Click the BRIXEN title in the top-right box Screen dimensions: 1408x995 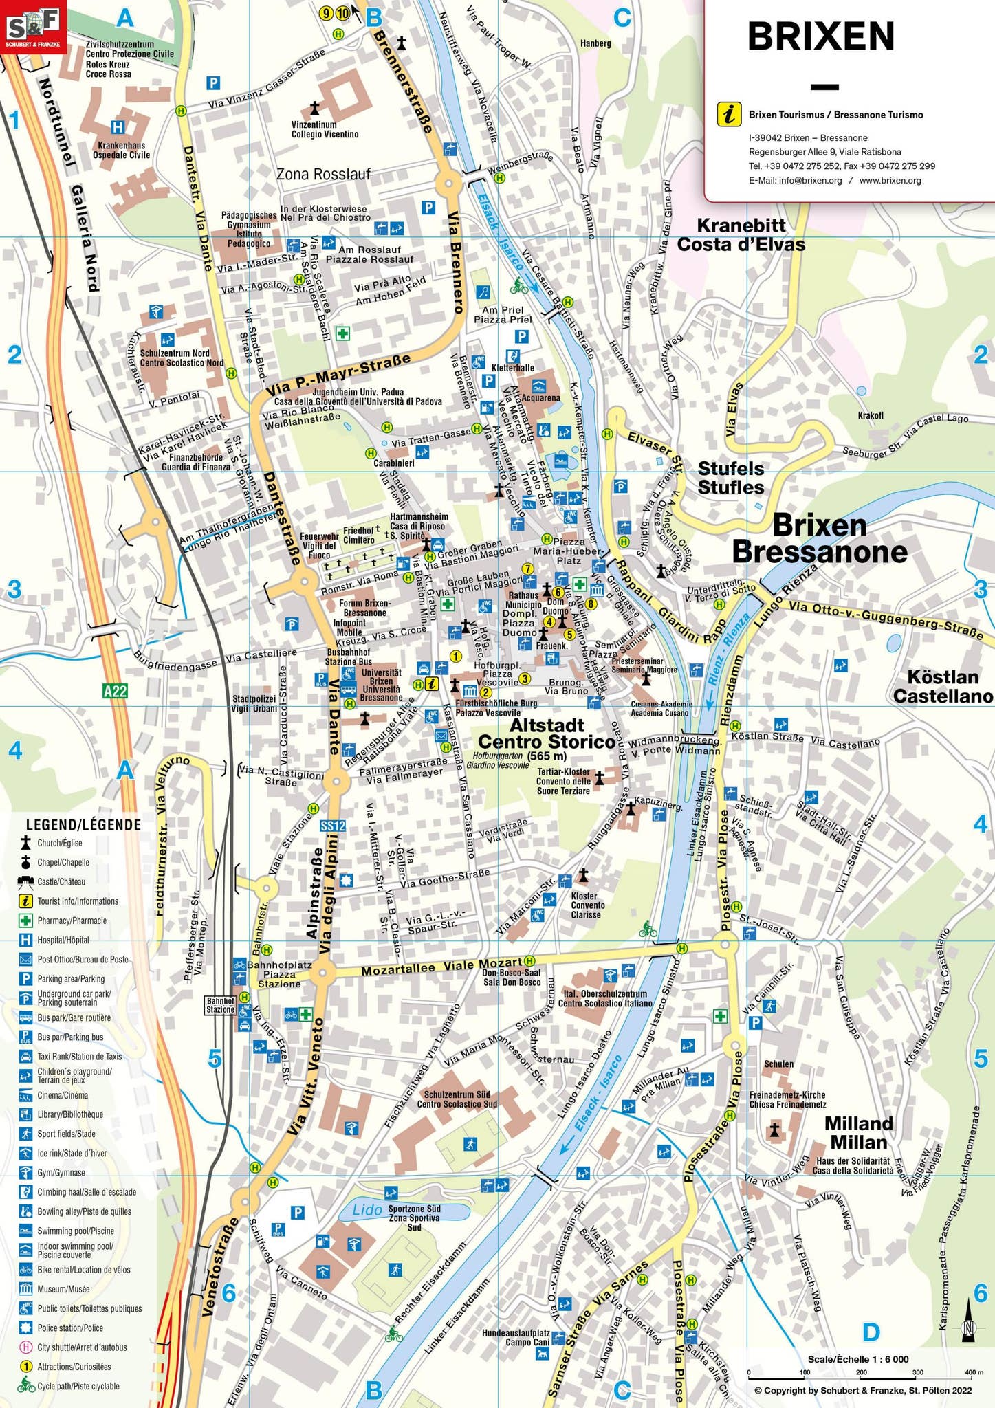pyautogui.click(x=820, y=36)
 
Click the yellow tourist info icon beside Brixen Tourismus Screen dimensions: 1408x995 pyautogui.click(x=729, y=114)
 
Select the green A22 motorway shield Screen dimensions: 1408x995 pyautogui.click(x=115, y=690)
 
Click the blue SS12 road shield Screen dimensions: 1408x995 pyautogui.click(x=333, y=826)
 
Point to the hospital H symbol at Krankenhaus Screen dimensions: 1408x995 pyautogui.click(x=118, y=127)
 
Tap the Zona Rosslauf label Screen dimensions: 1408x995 pyautogui.click(x=323, y=174)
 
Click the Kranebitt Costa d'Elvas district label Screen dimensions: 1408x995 pyautogui.click(x=741, y=235)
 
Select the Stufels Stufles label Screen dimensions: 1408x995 pyautogui.click(x=731, y=478)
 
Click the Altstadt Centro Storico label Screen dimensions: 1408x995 pyautogui.click(x=546, y=734)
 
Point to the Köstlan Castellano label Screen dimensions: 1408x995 pyautogui.click(x=943, y=687)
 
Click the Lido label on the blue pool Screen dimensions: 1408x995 pyautogui.click(x=367, y=1209)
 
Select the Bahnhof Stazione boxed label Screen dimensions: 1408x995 pyautogui.click(x=221, y=1005)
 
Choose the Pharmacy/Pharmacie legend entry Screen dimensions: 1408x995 pyautogui.click(x=72, y=921)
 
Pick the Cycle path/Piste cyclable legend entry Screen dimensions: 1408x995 pyautogui.click(x=78, y=1386)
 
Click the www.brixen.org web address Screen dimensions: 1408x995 pyautogui.click(x=890, y=180)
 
